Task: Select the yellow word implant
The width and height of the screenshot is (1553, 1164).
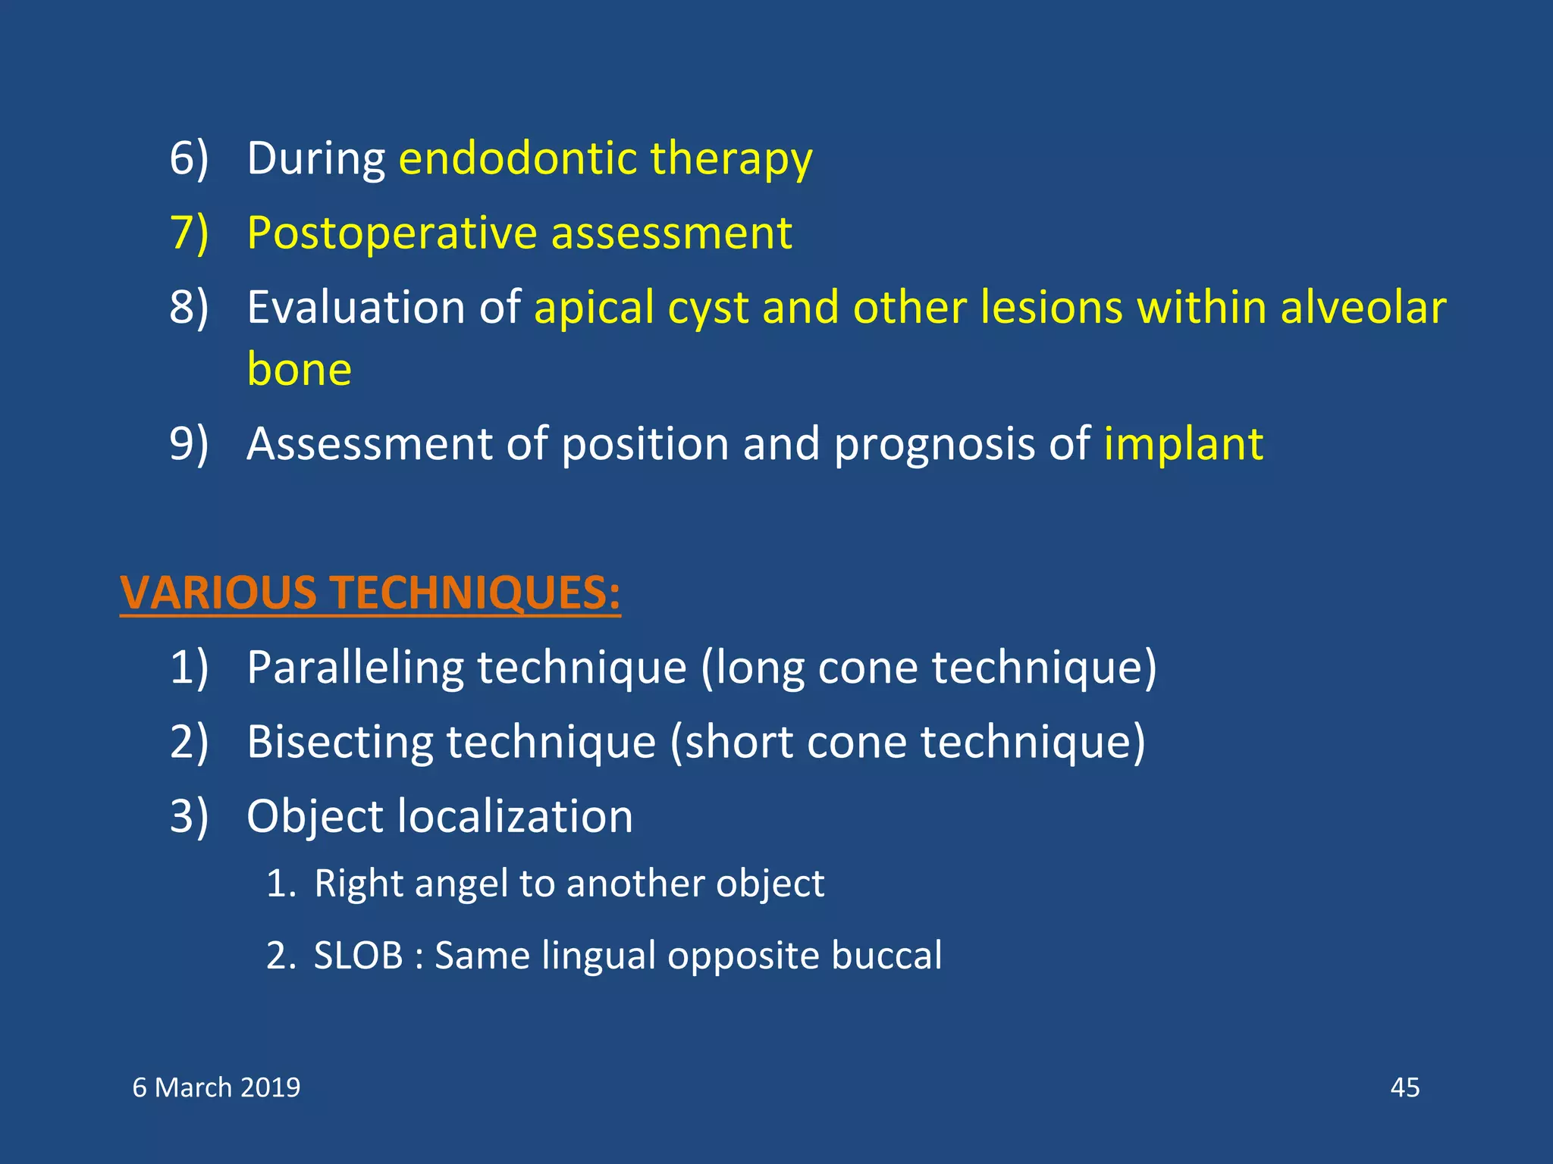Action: tap(1183, 444)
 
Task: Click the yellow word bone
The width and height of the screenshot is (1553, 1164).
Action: tap(300, 370)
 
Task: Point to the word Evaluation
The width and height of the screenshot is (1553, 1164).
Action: tap(356, 308)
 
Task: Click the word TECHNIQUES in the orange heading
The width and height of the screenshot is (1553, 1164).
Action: tap(475, 593)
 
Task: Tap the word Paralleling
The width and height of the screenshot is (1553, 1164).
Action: tap(355, 668)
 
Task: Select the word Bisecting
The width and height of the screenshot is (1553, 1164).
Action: tap(339, 743)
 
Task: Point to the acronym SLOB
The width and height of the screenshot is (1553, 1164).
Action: tap(358, 956)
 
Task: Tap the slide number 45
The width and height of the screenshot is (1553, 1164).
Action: tap(1404, 1088)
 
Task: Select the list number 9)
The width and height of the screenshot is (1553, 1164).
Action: tap(188, 444)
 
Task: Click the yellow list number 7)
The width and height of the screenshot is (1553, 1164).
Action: tap(188, 233)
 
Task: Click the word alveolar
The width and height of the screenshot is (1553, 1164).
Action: tap(1363, 308)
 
